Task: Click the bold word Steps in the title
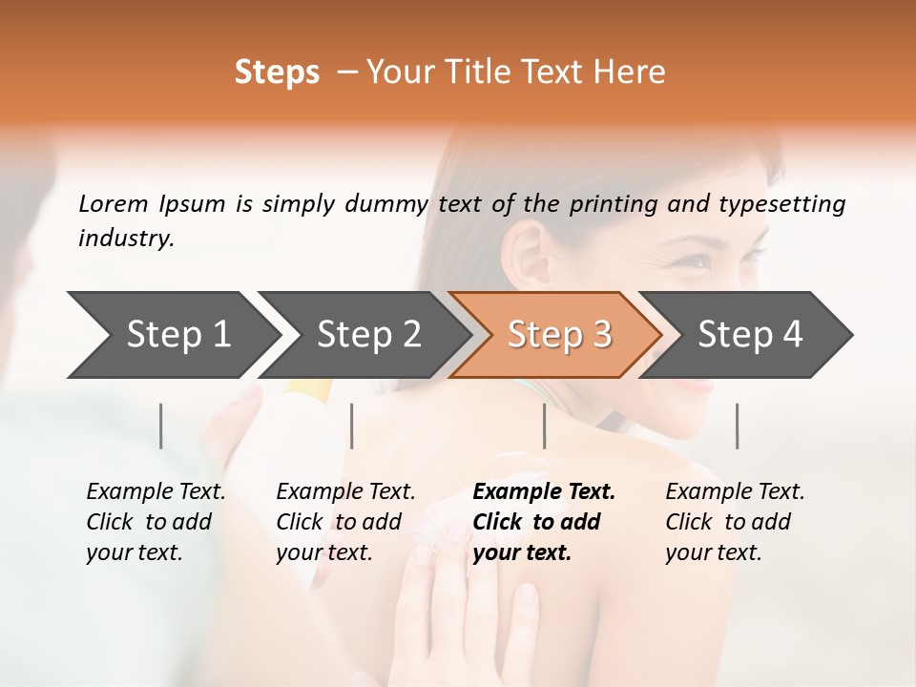coord(277,73)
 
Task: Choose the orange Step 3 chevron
coord(558,334)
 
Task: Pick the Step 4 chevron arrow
coord(750,334)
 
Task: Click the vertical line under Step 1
coord(161,426)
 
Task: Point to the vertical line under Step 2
coord(352,426)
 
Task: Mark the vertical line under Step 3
coord(545,426)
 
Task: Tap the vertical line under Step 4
coord(738,426)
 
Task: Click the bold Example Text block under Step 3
coord(544,522)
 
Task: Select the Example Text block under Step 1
coord(156,522)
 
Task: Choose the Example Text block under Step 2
coord(345,522)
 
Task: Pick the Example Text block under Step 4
coord(735,522)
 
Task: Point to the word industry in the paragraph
coord(125,239)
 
